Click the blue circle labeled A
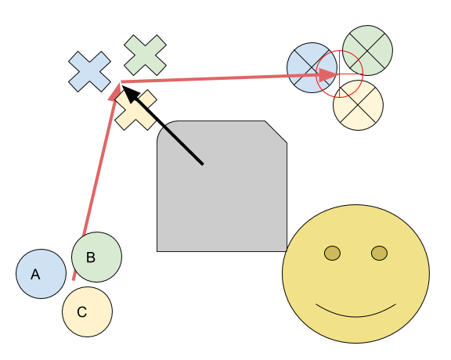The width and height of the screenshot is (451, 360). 41,274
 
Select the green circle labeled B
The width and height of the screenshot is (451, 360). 96,257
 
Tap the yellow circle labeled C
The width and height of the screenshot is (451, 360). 88,311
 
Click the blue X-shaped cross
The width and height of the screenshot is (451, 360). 89,72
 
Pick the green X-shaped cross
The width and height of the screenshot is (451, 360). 146,56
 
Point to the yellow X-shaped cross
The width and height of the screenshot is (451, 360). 135,110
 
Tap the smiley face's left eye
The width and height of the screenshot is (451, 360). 332,254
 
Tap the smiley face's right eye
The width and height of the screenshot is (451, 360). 380,254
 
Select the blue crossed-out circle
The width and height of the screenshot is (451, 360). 312,67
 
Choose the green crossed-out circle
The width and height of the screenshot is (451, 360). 367,50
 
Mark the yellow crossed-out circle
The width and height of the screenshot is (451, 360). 358,105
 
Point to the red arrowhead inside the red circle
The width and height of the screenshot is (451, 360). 327,75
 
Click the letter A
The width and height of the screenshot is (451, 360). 35,275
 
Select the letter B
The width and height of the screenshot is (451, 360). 91,257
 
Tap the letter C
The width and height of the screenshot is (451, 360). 82,312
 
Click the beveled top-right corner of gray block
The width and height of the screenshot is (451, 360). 276,131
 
